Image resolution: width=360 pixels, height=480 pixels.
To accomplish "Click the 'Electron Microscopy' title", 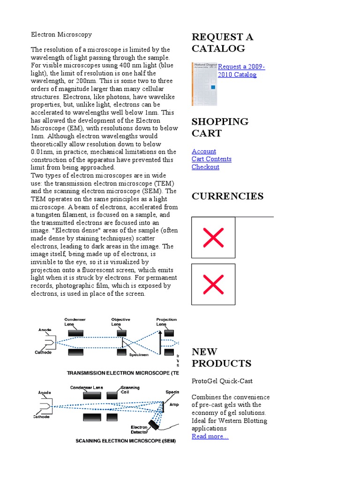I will [x=61, y=34].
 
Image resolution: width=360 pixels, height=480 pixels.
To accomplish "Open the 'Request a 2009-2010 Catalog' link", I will [x=241, y=70].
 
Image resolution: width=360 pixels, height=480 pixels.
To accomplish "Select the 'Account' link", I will [x=204, y=151].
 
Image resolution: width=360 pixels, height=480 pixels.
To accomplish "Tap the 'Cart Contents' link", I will [x=211, y=159].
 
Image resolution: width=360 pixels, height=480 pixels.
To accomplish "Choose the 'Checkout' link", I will [x=205, y=167].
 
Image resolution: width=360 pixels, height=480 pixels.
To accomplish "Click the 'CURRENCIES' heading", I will [x=227, y=196].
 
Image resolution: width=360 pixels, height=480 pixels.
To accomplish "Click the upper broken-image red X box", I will [x=213, y=238].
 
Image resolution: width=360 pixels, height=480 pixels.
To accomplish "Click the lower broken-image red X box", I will [x=213, y=284].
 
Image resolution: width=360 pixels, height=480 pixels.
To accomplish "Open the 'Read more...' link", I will [x=210, y=436].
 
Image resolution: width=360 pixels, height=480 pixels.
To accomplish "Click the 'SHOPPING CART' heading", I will [x=220, y=127].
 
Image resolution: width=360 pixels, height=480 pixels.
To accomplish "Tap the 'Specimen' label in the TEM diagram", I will [x=139, y=354].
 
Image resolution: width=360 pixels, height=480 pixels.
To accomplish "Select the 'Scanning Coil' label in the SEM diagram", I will [x=130, y=390].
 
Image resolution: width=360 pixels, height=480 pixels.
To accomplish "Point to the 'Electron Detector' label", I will [x=139, y=430].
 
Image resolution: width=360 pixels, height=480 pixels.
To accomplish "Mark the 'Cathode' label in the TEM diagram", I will [x=43, y=352].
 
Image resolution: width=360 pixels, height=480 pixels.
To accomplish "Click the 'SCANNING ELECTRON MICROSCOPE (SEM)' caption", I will [x=126, y=441].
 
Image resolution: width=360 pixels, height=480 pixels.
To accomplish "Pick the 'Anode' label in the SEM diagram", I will [x=45, y=392].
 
